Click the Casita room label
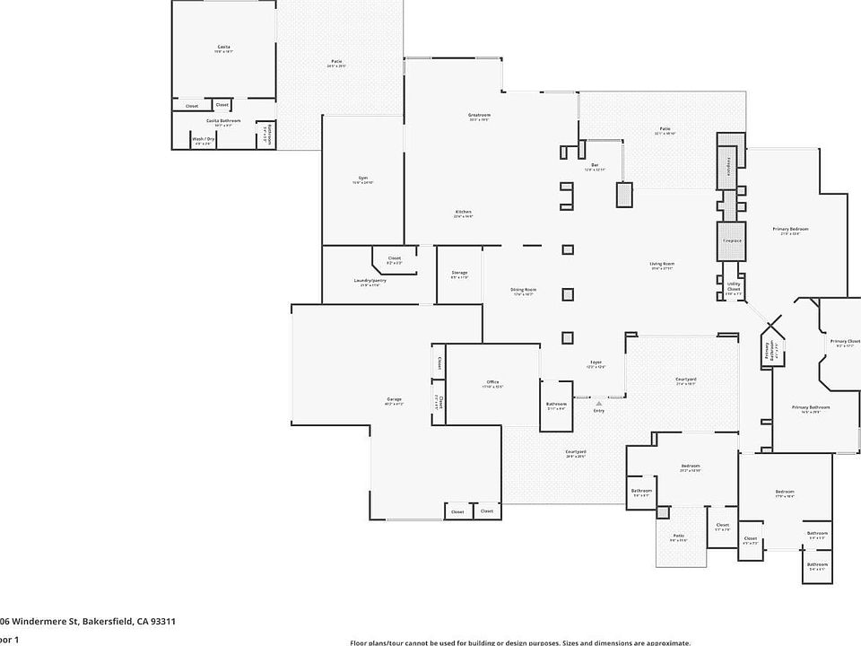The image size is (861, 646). tap(223, 47)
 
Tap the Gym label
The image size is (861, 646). tap(363, 179)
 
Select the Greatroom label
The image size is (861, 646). tap(479, 115)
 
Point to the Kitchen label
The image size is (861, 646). tap(463, 212)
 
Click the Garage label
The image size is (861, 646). tap(394, 399)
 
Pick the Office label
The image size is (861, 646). tap(492, 382)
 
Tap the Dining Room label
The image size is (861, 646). tap(524, 290)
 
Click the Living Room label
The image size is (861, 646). tap(662, 264)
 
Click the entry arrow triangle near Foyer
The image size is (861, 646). tap(598, 404)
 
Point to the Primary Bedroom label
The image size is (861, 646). tap(790, 229)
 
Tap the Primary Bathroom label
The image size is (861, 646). tap(810, 407)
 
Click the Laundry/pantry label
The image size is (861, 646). tap(370, 281)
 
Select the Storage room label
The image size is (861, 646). tap(459, 273)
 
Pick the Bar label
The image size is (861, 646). tap(594, 164)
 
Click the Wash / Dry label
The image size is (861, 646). tap(203, 139)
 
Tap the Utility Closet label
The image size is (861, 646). tap(734, 286)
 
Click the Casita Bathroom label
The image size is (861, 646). tap(223, 120)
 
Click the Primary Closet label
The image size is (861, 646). tap(845, 341)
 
